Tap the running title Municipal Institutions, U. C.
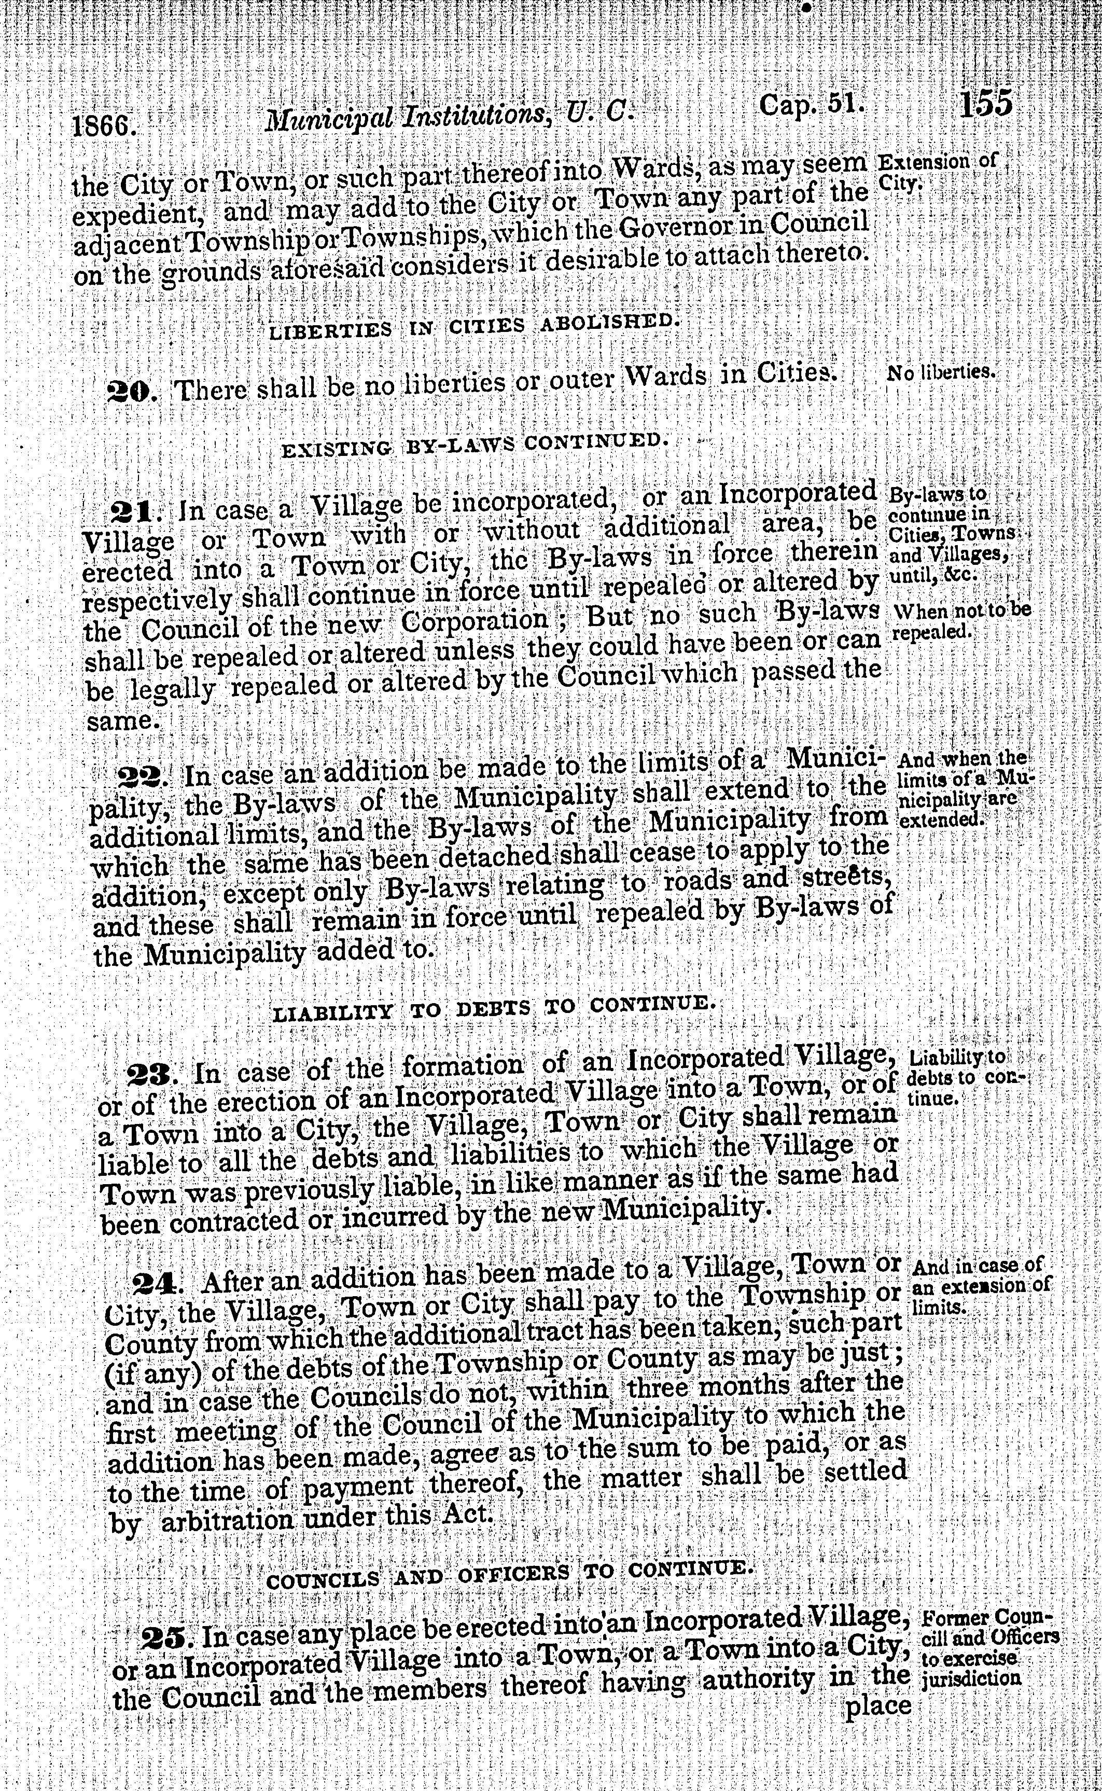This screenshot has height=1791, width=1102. point(445,115)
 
